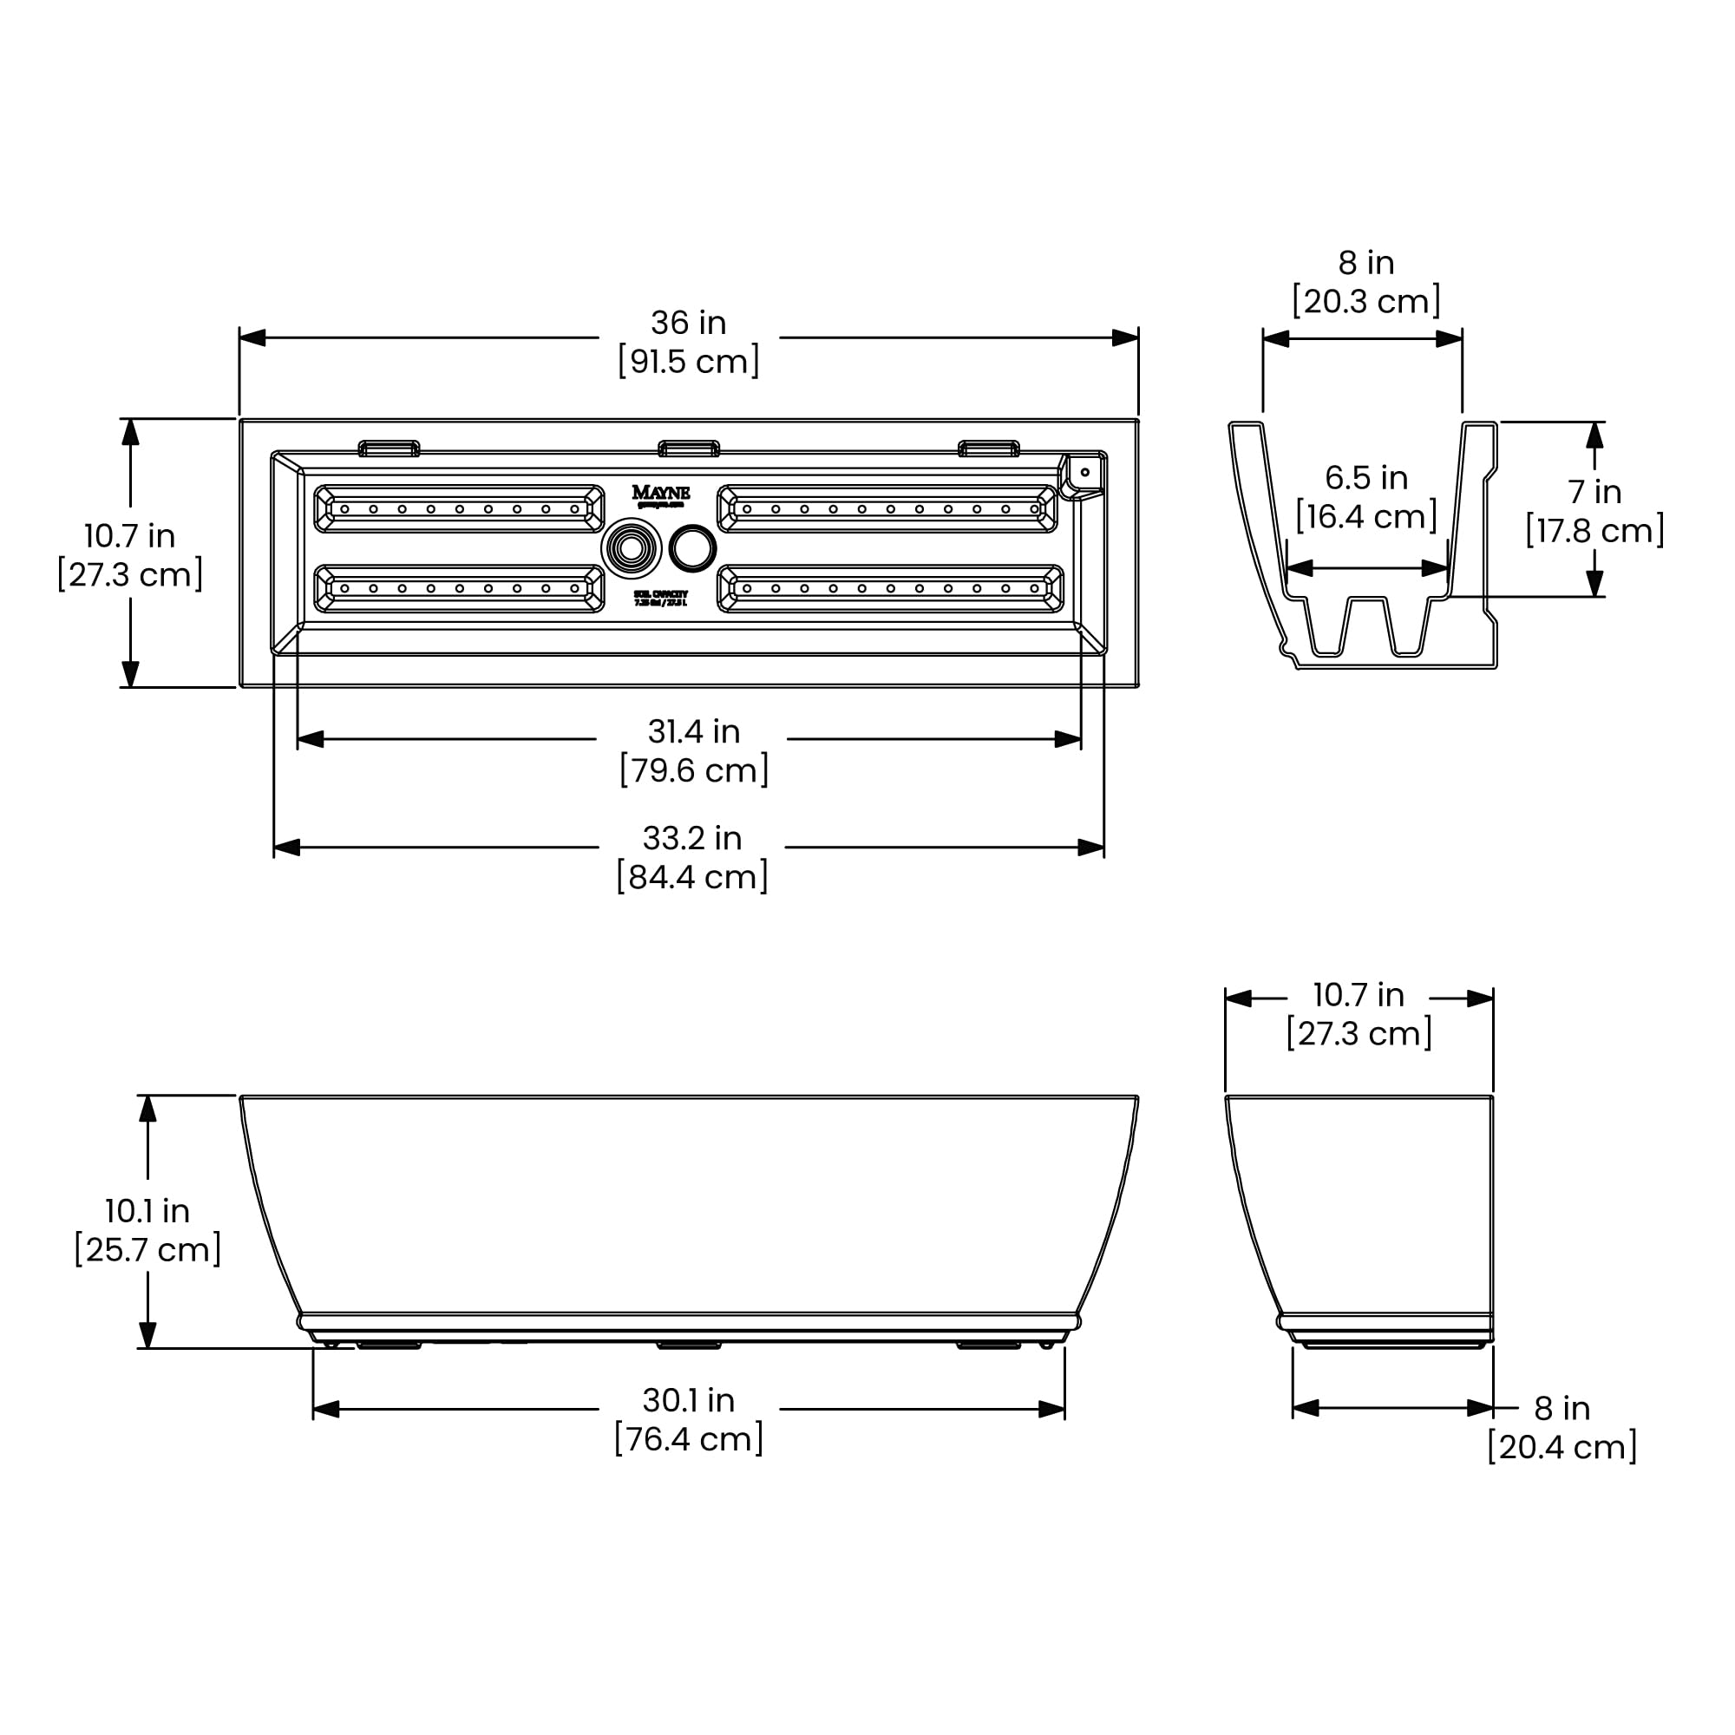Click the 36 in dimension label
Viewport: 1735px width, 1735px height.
click(688, 323)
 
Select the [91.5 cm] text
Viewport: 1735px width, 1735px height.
click(688, 362)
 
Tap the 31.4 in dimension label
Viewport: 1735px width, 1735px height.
click(693, 731)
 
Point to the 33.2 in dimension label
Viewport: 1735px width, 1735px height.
click(691, 838)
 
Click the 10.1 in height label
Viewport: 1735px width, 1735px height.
click(147, 1210)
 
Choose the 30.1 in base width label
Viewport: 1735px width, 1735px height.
click(688, 1400)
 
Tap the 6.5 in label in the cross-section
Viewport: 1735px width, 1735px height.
click(1366, 478)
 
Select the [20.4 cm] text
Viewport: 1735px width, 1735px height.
click(1561, 1447)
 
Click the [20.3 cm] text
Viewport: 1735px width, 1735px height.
click(1366, 301)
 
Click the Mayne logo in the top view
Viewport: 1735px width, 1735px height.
click(661, 494)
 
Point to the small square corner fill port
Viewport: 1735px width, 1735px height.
click(1085, 473)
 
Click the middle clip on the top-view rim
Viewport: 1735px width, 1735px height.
click(689, 448)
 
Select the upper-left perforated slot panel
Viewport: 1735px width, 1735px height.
click(459, 509)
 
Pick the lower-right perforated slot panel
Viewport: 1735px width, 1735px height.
click(890, 589)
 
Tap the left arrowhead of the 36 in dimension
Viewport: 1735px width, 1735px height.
click(252, 337)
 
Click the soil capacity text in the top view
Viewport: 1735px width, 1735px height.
click(660, 598)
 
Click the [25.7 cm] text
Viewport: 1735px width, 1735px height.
click(147, 1250)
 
